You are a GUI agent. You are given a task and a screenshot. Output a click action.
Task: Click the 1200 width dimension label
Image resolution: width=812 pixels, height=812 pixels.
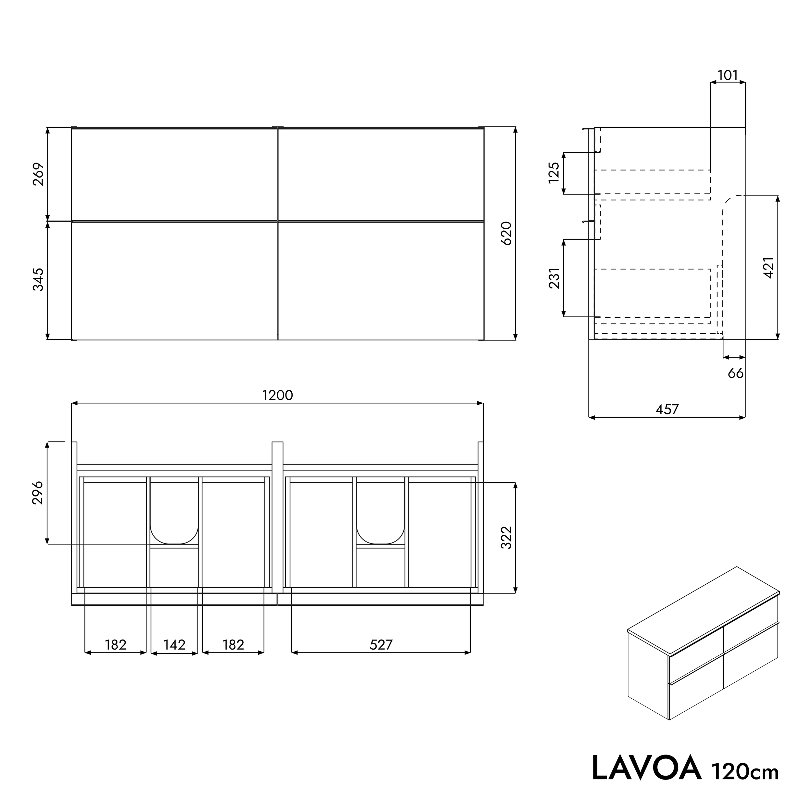coord(277,396)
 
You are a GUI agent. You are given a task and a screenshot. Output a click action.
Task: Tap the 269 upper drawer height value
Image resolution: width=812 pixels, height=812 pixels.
coord(38,174)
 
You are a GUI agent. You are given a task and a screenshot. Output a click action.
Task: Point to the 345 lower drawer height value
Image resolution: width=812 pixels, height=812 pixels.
coord(38,280)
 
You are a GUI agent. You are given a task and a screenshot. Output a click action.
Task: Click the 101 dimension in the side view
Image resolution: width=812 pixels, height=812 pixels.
coord(728,75)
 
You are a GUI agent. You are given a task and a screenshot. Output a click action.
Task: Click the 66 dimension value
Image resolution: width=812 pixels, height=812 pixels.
coord(735,373)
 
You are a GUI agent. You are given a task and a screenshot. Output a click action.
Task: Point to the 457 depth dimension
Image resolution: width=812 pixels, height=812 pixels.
coord(667,409)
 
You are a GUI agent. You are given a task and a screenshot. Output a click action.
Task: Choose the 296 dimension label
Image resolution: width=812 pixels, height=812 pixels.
coord(38,493)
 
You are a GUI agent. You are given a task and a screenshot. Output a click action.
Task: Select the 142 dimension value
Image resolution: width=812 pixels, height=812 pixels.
coord(174,645)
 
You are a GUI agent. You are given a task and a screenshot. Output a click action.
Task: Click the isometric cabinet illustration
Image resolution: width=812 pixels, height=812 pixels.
coord(703,648)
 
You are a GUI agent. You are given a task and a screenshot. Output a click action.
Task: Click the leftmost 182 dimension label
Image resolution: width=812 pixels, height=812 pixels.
coord(116,645)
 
